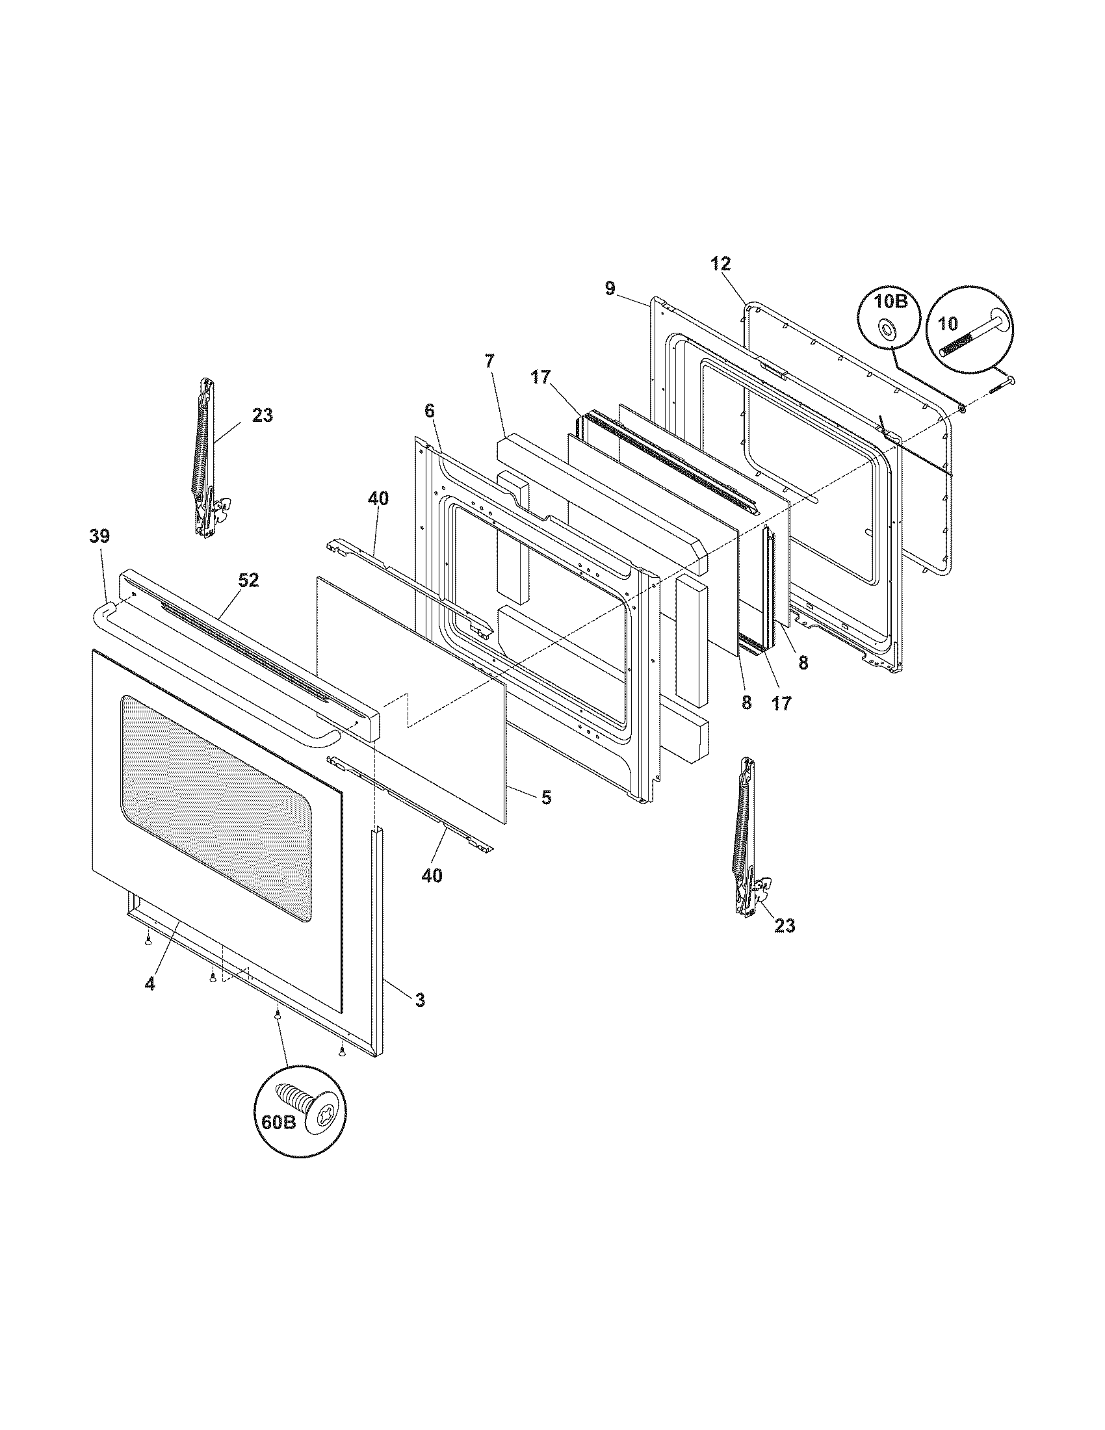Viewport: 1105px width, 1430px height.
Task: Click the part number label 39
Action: pyautogui.click(x=99, y=536)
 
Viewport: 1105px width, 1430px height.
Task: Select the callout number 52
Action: pyautogui.click(x=249, y=580)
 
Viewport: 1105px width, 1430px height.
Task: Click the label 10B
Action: pyautogui.click(x=889, y=302)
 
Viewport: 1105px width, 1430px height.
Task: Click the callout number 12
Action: pyautogui.click(x=720, y=264)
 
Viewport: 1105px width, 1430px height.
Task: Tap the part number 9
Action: pyautogui.click(x=610, y=289)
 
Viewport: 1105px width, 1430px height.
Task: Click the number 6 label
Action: pyautogui.click(x=430, y=411)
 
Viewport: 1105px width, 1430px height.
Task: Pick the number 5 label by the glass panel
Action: pyautogui.click(x=546, y=798)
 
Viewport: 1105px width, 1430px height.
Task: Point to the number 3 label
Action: pyautogui.click(x=420, y=999)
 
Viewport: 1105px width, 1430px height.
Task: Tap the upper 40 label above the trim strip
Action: pyautogui.click(x=378, y=499)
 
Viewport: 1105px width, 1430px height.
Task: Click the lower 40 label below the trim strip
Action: pyautogui.click(x=432, y=875)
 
